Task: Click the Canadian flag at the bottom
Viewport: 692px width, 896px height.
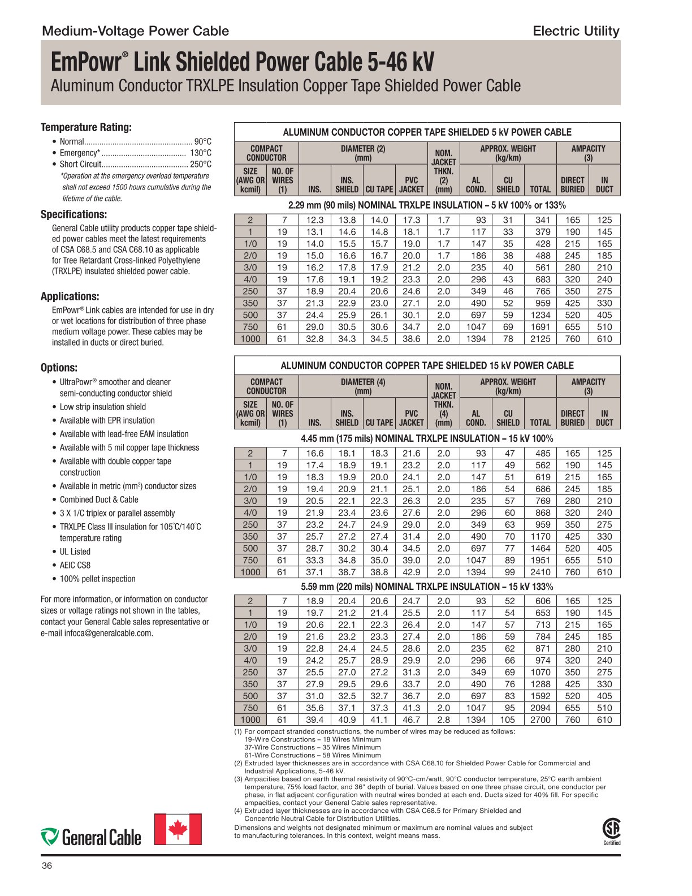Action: pos(178,829)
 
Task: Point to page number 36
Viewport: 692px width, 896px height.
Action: pos(47,866)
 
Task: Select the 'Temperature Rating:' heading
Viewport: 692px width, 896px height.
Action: pos(86,127)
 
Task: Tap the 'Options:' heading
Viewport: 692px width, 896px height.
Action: pos(59,368)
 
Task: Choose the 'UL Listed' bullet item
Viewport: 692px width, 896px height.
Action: pos(75,552)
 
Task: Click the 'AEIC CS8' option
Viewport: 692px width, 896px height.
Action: pos(75,565)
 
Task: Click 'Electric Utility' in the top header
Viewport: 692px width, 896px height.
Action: pos(576,31)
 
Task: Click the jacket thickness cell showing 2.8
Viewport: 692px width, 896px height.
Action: pos(444,720)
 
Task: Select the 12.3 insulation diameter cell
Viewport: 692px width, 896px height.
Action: pos(315,220)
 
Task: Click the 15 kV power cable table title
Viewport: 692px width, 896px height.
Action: pos(427,365)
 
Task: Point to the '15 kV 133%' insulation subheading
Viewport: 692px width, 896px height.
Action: pos(427,587)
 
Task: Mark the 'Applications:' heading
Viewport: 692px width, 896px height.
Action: pos(70,296)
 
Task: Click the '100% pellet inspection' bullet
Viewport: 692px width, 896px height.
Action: pos(98,579)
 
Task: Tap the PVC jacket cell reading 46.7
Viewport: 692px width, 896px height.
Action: pos(411,720)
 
